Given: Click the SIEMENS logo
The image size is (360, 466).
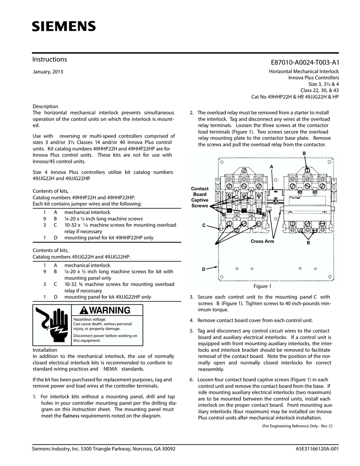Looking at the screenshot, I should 64,26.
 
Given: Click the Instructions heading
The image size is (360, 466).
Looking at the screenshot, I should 50,60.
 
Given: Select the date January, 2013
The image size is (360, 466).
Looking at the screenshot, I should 48,72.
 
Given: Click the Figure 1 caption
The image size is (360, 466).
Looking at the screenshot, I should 262,286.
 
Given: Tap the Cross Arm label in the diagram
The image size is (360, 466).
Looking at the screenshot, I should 263,241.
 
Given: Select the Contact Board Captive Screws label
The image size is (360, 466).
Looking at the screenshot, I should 200,197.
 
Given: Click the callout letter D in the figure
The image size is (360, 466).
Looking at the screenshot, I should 204,270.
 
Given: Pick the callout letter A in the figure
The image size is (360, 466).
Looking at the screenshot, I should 271,167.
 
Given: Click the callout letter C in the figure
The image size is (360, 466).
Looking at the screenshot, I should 204,226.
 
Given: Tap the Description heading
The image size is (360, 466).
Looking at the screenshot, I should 46,106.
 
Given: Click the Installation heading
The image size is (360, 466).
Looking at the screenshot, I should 45,349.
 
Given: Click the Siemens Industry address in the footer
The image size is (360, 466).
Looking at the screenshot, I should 104,449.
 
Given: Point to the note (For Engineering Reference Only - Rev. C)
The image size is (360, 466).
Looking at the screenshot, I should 297,426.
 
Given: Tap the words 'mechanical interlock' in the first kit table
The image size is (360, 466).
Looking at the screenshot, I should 87,212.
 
